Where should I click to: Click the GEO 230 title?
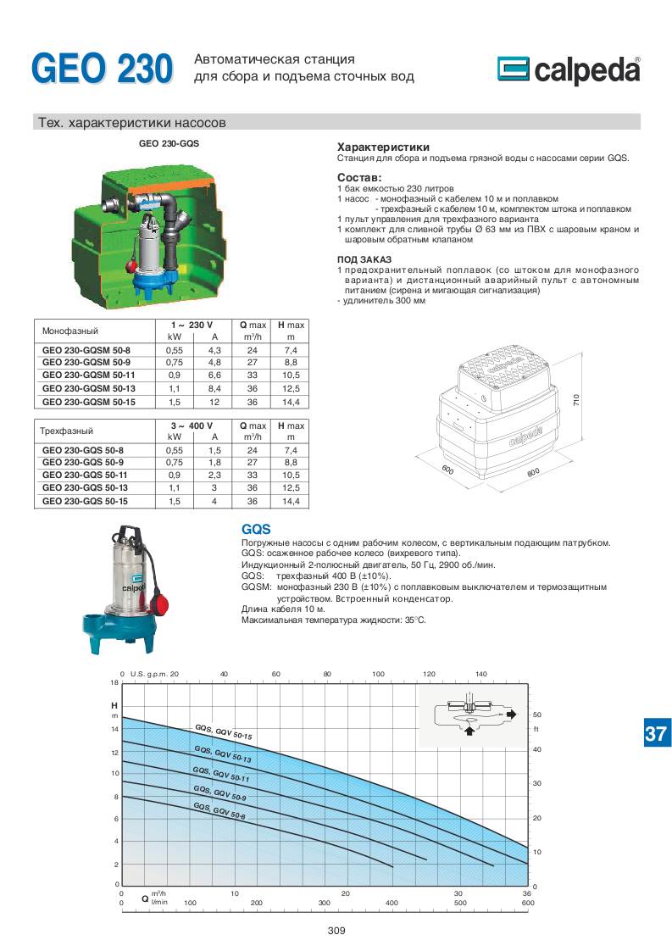click(x=102, y=70)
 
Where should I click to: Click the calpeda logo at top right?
click(x=568, y=71)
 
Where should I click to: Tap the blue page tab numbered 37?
click(x=655, y=733)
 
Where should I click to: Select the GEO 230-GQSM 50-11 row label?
click(x=91, y=375)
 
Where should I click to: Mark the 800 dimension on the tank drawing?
click(x=533, y=473)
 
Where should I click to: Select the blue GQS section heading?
click(x=256, y=528)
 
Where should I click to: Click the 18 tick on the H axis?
click(x=114, y=682)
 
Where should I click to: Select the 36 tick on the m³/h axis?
click(x=526, y=894)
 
